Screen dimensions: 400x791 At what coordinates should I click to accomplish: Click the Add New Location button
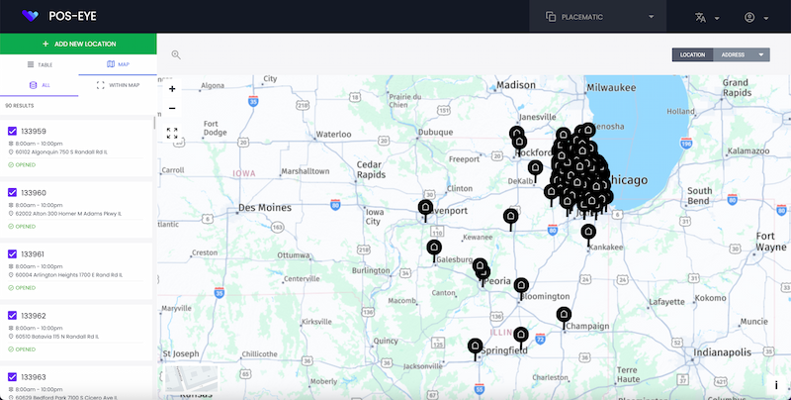pyautogui.click(x=78, y=45)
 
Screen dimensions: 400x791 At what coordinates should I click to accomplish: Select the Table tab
pyautogui.click(x=39, y=64)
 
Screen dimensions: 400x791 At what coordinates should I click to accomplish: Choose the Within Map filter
pyautogui.click(x=118, y=85)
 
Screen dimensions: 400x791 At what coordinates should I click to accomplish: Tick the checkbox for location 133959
pyautogui.click(x=12, y=131)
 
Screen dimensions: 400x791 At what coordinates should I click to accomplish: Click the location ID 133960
pyautogui.click(x=34, y=193)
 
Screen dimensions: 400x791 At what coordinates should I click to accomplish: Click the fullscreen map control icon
pyautogui.click(x=172, y=133)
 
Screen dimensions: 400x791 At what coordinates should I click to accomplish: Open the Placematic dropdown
pyautogui.click(x=599, y=17)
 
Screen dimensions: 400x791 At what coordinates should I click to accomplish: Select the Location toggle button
pyautogui.click(x=692, y=54)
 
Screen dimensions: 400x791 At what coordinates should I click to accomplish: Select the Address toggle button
pyautogui.click(x=733, y=54)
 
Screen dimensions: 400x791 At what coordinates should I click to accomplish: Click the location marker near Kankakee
pyautogui.click(x=588, y=233)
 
